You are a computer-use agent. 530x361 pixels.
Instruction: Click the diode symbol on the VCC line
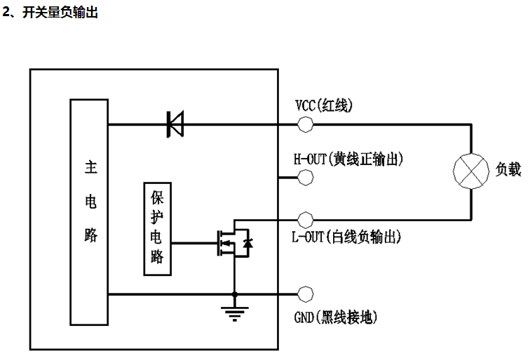tap(175, 124)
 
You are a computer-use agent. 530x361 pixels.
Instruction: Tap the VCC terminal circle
tap(305, 124)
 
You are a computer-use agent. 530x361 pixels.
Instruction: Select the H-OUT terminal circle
tap(305, 177)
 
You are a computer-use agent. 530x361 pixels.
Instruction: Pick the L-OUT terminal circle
tap(305, 217)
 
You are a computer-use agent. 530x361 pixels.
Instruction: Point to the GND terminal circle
tap(305, 294)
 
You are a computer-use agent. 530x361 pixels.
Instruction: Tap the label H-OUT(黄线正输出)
tap(348, 159)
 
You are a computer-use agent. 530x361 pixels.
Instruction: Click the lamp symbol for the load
tap(468, 171)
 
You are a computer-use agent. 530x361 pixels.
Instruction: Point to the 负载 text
tap(508, 171)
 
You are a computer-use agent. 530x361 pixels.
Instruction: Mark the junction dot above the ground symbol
tap(234, 294)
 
